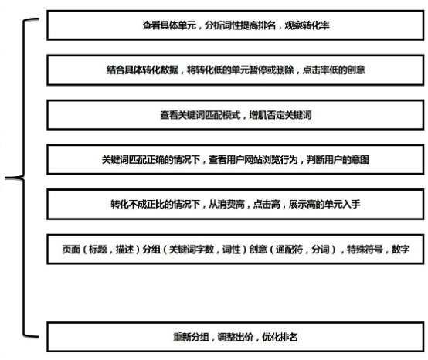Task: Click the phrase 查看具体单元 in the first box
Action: click(169, 25)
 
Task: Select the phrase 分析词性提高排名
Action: click(240, 25)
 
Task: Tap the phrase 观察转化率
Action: click(307, 25)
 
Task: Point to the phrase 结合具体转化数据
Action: click(142, 70)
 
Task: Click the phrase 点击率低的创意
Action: click(334, 70)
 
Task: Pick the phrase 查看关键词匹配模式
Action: click(200, 115)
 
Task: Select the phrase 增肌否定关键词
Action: click(280, 115)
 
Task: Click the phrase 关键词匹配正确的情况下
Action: click(151, 160)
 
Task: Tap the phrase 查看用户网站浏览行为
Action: click(253, 160)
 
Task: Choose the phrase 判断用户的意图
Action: click(338, 160)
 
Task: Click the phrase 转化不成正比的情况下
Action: click(155, 204)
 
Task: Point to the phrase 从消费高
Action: click(226, 204)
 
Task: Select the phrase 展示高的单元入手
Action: click(324, 204)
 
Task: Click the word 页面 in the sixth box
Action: click(71, 250)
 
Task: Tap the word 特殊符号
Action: click(365, 250)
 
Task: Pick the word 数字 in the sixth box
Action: click(400, 250)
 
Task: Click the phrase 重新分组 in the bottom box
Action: click(191, 338)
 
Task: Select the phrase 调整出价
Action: click(236, 338)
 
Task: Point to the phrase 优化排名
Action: click(280, 338)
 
